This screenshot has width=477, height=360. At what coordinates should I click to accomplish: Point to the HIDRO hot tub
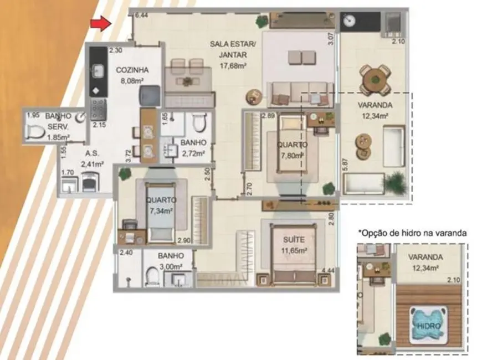pyautogui.click(x=426, y=326)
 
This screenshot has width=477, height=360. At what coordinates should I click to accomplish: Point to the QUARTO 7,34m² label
pyautogui.click(x=161, y=205)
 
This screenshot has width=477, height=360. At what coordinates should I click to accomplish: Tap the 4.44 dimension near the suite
pyautogui.click(x=329, y=271)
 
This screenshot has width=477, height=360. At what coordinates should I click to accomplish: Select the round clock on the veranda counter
pyautogui.click(x=348, y=20)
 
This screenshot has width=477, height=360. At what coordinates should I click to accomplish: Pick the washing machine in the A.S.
pyautogui.click(x=89, y=181)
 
